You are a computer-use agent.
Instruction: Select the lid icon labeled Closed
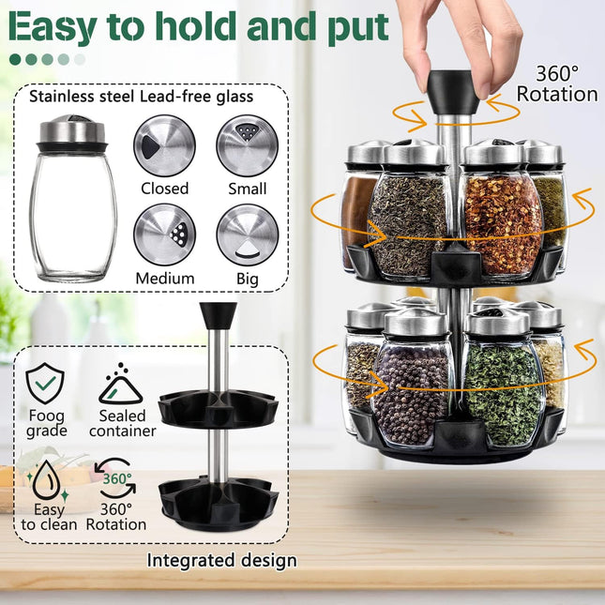pos(164,145)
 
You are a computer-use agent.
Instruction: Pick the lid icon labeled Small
pos(247,145)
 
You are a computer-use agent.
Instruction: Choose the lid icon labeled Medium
pos(164,234)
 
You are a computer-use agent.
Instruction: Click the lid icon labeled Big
pos(247,234)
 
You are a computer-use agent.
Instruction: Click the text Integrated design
pos(221,561)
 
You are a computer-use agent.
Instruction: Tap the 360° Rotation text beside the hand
pos(556,83)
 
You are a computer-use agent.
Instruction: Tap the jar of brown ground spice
pos(357,211)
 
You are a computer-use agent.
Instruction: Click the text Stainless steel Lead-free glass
pos(147,96)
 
